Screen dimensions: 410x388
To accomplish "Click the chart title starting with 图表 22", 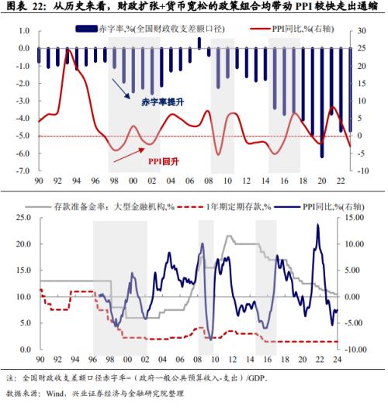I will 193,7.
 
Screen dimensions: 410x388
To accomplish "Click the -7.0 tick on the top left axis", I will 23,170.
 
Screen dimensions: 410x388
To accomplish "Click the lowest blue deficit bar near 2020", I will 321,157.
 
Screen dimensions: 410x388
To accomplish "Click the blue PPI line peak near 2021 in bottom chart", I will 317,225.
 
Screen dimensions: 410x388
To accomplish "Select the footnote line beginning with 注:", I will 147,378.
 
